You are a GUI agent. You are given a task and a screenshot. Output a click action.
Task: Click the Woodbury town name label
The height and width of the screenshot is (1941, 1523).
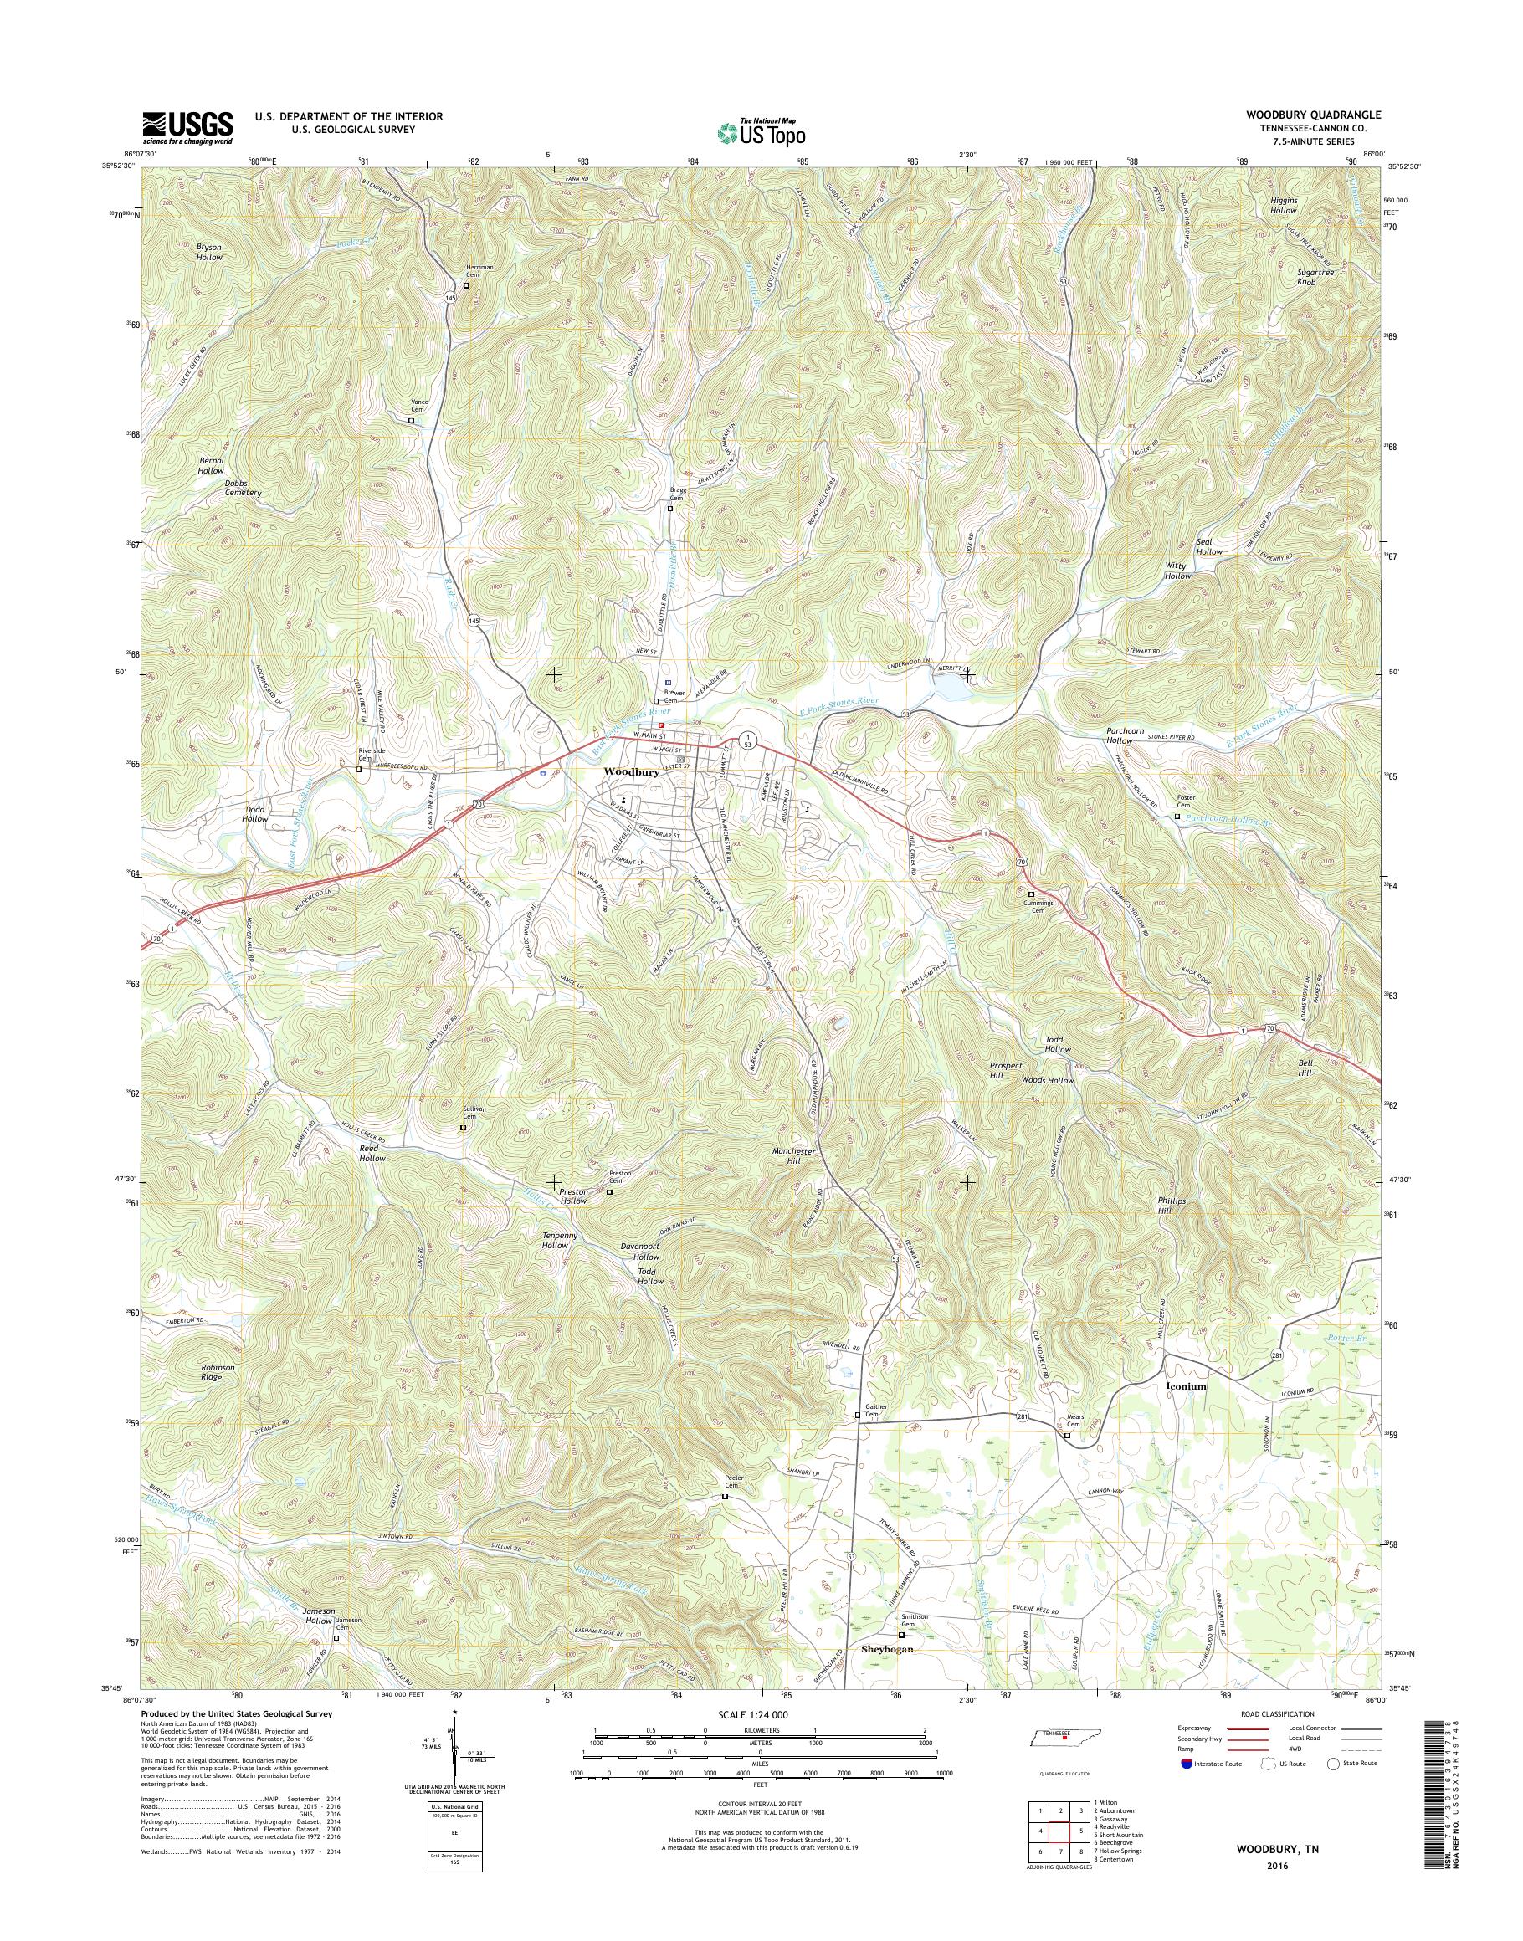[631, 772]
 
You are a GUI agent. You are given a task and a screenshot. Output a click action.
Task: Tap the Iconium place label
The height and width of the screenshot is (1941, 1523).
[1186, 1387]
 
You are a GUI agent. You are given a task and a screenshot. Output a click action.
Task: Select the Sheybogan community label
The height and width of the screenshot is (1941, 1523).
[887, 1650]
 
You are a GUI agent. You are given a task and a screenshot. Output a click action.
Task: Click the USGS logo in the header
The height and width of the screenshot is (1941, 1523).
[188, 128]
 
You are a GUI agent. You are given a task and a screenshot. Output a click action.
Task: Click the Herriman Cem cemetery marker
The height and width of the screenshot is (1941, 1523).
[465, 286]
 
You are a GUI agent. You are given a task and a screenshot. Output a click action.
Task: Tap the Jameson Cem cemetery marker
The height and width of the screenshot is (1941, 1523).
[336, 1638]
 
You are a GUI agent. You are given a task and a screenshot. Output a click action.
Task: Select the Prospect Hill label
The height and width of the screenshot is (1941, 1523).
[1006, 1070]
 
